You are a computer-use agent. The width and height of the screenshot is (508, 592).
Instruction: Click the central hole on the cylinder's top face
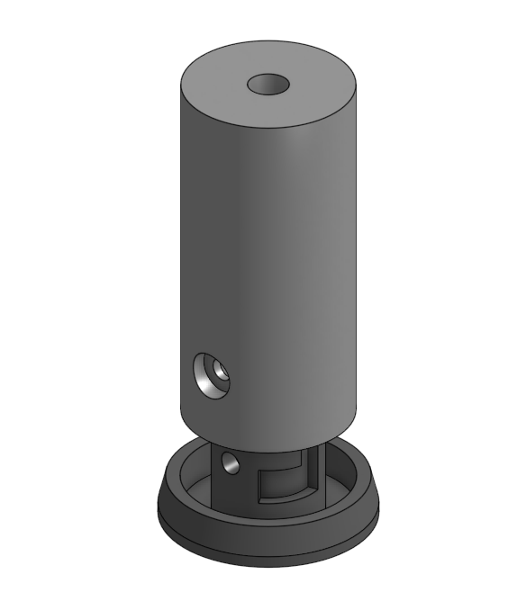pyautogui.click(x=268, y=85)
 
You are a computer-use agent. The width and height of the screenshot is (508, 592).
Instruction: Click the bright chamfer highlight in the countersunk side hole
pyautogui.click(x=207, y=381)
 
